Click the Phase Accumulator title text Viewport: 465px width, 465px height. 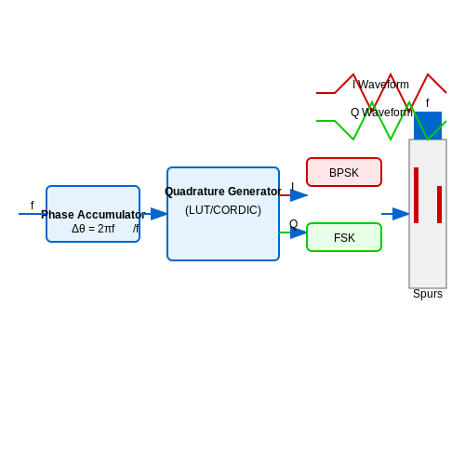pyautogui.click(x=93, y=215)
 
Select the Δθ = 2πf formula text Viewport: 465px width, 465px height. pyautogui.click(x=93, y=229)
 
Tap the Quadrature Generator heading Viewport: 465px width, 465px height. pyautogui.click(x=223, y=192)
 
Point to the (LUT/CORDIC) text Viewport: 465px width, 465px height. pyautogui.click(x=223, y=210)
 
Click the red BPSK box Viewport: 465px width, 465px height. pyautogui.click(x=344, y=172)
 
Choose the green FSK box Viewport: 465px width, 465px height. pyautogui.click(x=344, y=237)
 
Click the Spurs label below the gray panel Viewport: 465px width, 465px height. pyautogui.click(x=428, y=294)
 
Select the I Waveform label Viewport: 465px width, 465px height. pyautogui.click(x=380, y=85)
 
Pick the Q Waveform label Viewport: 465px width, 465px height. pyautogui.click(x=381, y=113)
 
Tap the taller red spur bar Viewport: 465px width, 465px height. pyautogui.click(x=416, y=195)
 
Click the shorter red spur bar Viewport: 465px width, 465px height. pyautogui.click(x=439, y=205)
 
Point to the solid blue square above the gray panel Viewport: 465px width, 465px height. pyautogui.click(x=428, y=126)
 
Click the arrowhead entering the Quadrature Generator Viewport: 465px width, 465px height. pyautogui.click(x=159, y=214)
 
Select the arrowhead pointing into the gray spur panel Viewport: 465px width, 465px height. pyautogui.click(x=401, y=214)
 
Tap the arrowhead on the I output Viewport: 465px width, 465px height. pyautogui.click(x=299, y=195)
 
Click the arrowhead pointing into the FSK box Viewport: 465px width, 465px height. pyautogui.click(x=299, y=232)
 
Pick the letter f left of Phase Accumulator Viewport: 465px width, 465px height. pyautogui.click(x=33, y=206)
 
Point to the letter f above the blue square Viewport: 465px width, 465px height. pyautogui.click(x=428, y=103)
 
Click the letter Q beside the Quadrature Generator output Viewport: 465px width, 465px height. pyautogui.click(x=294, y=224)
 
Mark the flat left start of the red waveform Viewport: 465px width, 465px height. pyautogui.click(x=325, y=93)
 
